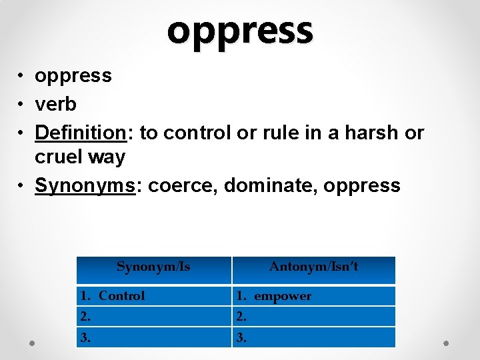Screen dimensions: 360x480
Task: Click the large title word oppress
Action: tap(240, 30)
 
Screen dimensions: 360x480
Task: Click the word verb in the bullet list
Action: tap(55, 104)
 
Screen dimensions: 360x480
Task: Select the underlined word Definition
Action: tap(80, 133)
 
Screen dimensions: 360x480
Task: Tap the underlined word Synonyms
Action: tap(85, 185)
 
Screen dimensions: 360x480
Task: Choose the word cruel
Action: tap(61, 157)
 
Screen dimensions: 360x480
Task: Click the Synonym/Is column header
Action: tap(153, 267)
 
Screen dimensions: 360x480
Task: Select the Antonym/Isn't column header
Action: tap(313, 267)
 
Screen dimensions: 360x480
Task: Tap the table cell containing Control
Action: tap(153, 296)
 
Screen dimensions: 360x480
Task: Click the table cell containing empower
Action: tap(313, 296)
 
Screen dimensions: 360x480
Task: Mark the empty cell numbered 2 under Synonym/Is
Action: tap(153, 317)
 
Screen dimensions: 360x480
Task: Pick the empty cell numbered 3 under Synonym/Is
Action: tap(153, 337)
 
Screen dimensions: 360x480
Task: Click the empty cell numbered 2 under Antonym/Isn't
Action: tap(313, 317)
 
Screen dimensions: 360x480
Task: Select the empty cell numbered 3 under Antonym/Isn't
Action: tap(313, 337)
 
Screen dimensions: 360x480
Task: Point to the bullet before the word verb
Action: tap(23, 105)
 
